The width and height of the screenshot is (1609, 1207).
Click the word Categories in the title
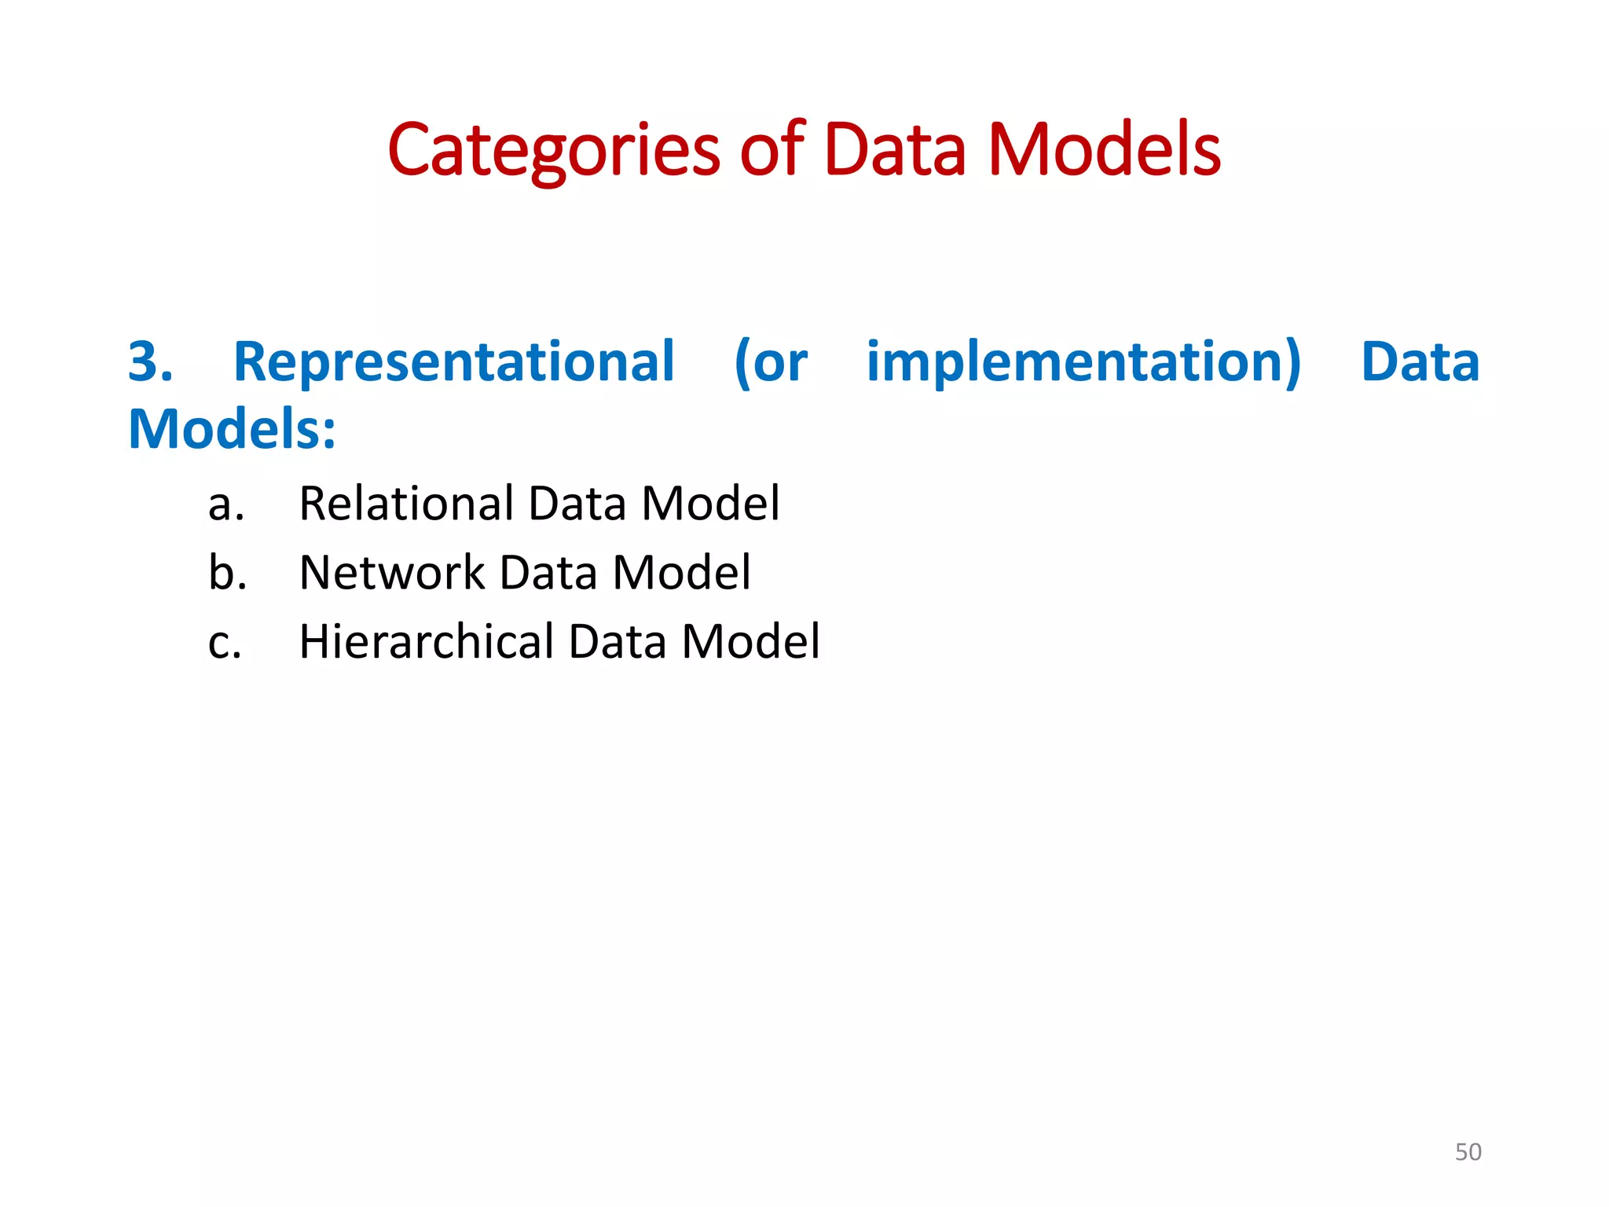(553, 151)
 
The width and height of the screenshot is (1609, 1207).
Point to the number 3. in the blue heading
(150, 362)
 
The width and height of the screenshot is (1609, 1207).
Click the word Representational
(454, 362)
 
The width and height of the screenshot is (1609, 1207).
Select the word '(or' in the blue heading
(770, 362)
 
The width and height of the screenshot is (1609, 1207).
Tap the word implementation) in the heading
(1083, 362)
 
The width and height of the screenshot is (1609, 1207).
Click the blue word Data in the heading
(1420, 362)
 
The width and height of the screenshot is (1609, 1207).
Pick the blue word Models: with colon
(232, 430)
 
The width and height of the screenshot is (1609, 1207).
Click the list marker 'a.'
(226, 504)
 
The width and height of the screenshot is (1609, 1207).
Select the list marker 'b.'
(227, 573)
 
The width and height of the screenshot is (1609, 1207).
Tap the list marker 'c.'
(225, 643)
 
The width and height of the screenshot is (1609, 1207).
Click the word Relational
(407, 504)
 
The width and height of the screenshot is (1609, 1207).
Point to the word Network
(392, 573)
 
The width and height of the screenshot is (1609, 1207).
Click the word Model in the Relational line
(710, 504)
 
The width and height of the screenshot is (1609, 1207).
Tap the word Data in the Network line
(548, 573)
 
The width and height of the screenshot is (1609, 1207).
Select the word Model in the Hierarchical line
(750, 642)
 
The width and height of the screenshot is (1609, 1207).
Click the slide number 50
(1468, 1152)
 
